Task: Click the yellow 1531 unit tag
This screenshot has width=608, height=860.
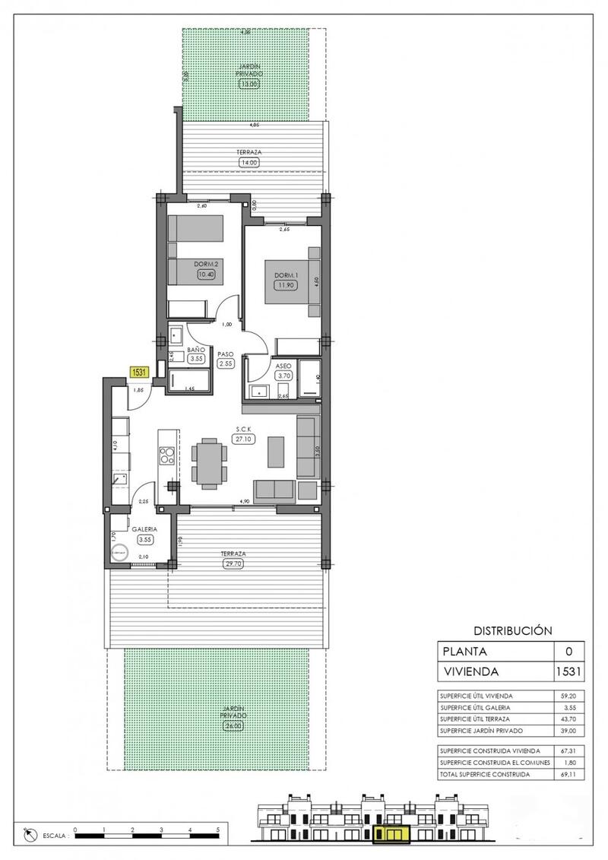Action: (139, 372)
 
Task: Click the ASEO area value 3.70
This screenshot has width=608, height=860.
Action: (285, 375)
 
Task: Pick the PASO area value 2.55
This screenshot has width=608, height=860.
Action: (225, 363)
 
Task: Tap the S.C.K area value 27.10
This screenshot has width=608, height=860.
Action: (244, 439)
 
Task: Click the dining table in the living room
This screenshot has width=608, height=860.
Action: (209, 464)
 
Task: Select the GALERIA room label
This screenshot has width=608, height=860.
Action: (144, 529)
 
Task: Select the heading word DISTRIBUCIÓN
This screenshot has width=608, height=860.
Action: (511, 630)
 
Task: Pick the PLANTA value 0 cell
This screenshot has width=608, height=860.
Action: (569, 652)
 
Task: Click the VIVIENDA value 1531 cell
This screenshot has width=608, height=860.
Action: (569, 671)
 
